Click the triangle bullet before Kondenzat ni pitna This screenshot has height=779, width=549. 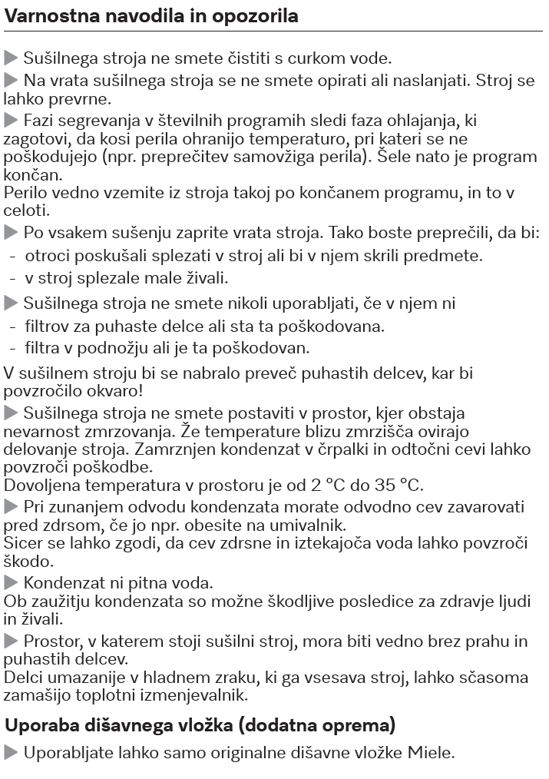coord(11,582)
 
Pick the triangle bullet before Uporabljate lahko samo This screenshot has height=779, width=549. coord(11,752)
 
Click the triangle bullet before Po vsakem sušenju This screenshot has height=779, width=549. coord(11,231)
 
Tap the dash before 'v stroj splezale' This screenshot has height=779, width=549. coord(13,277)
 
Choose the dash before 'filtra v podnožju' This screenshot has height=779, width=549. coord(13,348)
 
